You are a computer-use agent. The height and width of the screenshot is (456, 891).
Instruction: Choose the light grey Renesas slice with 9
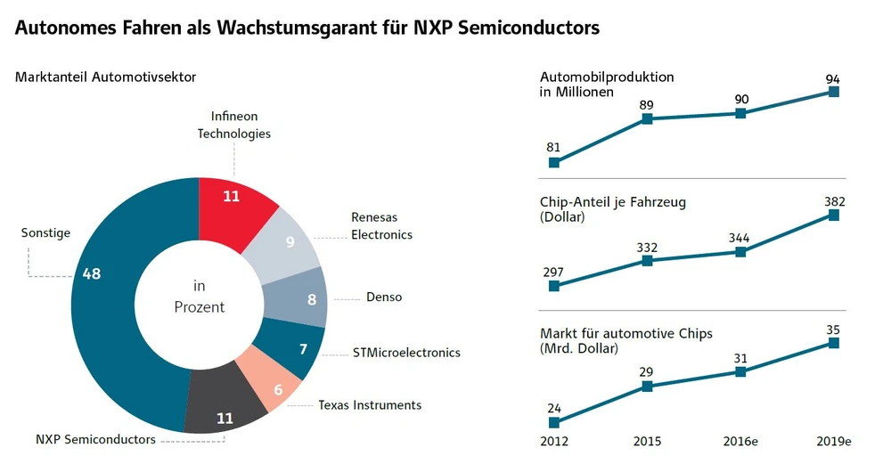tap(285, 241)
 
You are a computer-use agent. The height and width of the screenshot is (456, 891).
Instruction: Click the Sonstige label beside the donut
tap(45, 233)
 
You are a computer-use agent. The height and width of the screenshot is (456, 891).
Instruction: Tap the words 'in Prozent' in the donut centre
tap(199, 297)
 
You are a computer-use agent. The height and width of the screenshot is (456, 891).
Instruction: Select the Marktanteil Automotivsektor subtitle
tap(105, 77)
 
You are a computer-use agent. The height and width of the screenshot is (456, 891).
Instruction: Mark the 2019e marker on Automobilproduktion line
tap(834, 91)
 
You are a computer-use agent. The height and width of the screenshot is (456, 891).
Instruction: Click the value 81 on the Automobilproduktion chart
tap(553, 146)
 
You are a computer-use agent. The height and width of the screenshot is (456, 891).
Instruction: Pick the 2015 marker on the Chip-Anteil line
tap(648, 261)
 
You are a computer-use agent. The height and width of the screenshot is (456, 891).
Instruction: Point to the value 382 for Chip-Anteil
tap(834, 200)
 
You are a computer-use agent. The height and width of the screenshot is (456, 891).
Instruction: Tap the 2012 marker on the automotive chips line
tap(554, 422)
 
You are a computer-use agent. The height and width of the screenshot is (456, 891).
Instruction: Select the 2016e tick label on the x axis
tap(740, 442)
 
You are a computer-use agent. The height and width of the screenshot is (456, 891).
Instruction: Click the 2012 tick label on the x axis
tap(554, 442)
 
